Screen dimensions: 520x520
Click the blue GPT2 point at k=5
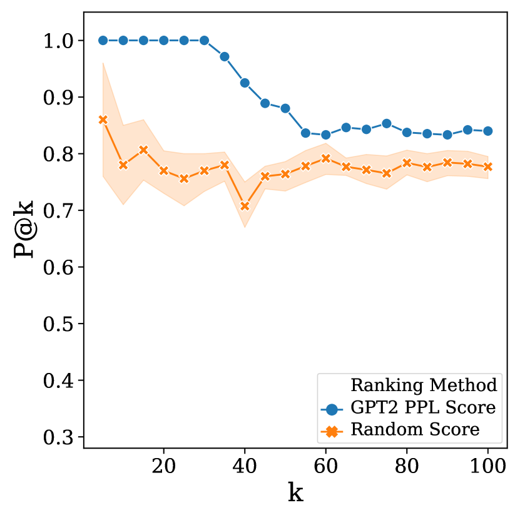point(103,40)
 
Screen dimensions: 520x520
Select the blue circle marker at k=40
point(245,83)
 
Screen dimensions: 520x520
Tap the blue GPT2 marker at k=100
point(488,131)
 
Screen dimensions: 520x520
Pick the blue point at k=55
point(305,133)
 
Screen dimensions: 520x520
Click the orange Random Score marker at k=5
point(103,120)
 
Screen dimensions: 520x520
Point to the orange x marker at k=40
point(245,206)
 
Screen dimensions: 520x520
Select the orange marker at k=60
point(326,158)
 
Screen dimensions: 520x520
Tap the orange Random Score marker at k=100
point(488,166)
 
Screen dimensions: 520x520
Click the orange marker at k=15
point(143,150)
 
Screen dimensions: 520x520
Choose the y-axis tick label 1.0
point(60,41)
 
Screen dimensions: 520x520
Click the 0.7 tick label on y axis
point(60,211)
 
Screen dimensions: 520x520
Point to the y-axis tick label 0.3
point(60,437)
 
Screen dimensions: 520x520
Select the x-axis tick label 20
point(164,466)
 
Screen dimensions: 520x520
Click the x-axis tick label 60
point(326,466)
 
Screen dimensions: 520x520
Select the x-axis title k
point(295,493)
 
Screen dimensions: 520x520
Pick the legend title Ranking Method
point(424,384)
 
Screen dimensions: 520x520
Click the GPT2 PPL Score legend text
point(424,408)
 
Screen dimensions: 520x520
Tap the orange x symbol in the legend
point(333,431)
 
